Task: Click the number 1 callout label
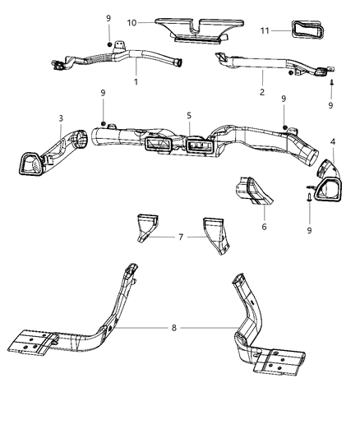coord(136,83)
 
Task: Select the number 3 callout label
coord(61,118)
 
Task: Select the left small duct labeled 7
coord(148,225)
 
